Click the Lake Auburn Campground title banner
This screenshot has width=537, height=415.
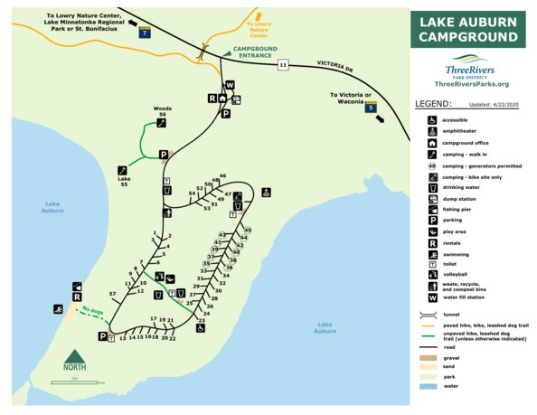467,30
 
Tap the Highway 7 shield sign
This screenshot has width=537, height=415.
144,32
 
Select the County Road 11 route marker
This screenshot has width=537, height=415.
284,65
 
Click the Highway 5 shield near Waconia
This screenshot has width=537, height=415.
370,108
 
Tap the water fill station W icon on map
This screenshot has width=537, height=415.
230,85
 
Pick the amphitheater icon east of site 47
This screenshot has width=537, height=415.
266,192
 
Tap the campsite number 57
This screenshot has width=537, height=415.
112,295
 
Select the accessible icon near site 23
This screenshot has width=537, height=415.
200,328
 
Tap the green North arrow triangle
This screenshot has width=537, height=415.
76,354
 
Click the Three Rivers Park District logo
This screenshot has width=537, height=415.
470,69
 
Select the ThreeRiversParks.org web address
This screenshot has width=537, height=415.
472,84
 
